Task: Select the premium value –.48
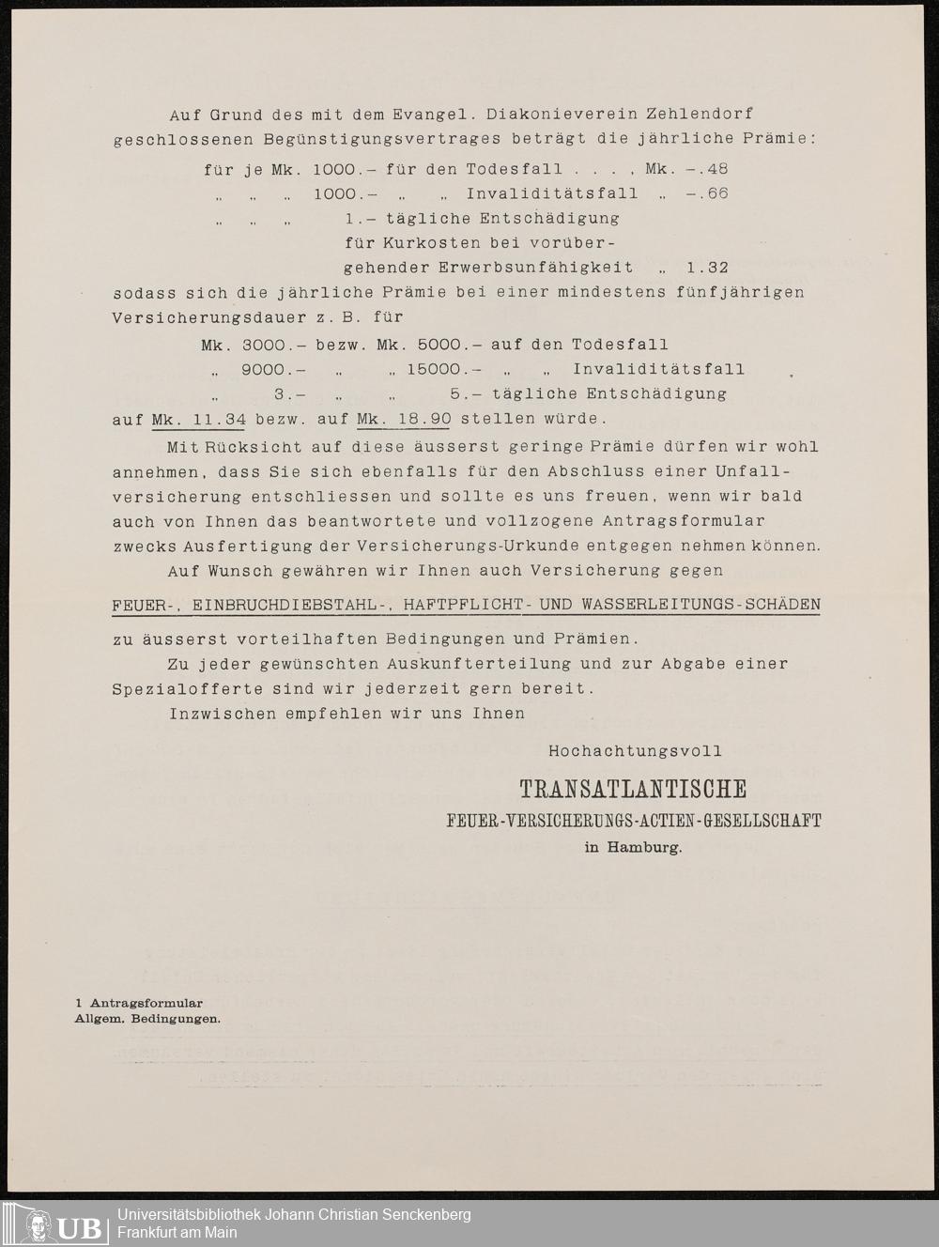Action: tap(707, 170)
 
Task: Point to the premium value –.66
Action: tap(707, 194)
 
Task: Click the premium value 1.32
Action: tap(707, 268)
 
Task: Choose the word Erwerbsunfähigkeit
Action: tap(535, 268)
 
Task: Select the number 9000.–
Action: tap(273, 370)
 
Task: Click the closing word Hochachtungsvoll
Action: tap(635, 751)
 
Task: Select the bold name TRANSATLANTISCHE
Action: tap(633, 789)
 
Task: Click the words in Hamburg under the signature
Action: tap(633, 847)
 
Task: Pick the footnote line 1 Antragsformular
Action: tap(139, 1003)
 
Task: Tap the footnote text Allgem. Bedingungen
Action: tap(147, 1019)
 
